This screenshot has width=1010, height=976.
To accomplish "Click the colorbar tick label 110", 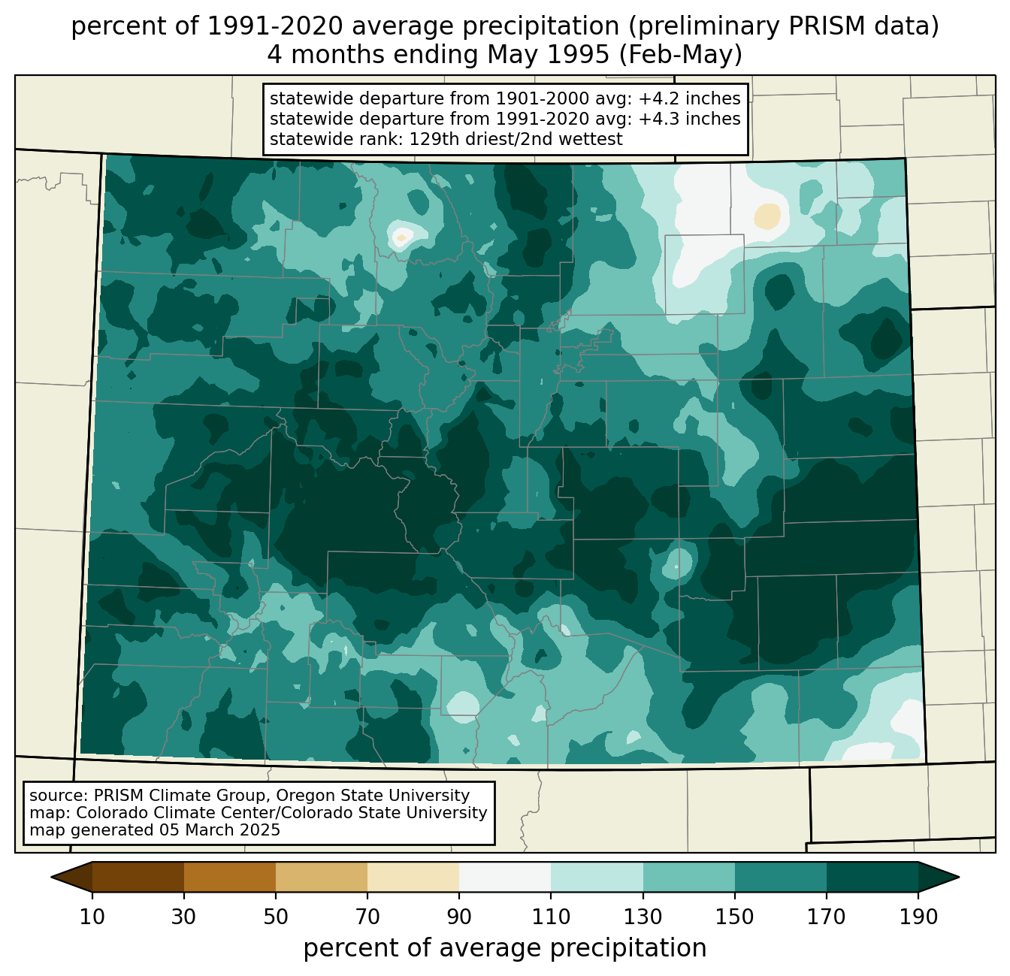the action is click(x=551, y=917).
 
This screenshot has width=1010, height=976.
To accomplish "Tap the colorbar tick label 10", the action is click(x=92, y=917).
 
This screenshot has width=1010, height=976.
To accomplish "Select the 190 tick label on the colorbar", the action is click(x=918, y=917).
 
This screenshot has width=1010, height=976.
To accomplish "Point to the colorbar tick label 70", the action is click(x=367, y=917).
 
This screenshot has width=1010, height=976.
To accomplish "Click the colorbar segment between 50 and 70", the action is click(x=322, y=877).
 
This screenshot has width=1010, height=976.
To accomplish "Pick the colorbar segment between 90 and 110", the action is click(x=505, y=877).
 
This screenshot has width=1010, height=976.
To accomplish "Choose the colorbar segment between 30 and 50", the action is click(x=229, y=877).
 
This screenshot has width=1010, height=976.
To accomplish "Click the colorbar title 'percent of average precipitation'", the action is click(x=504, y=947).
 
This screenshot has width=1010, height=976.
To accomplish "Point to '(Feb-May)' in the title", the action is click(x=680, y=55).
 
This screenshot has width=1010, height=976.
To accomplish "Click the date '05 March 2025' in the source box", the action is click(x=219, y=829).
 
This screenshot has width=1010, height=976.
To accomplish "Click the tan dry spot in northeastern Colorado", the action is click(x=767, y=216).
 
